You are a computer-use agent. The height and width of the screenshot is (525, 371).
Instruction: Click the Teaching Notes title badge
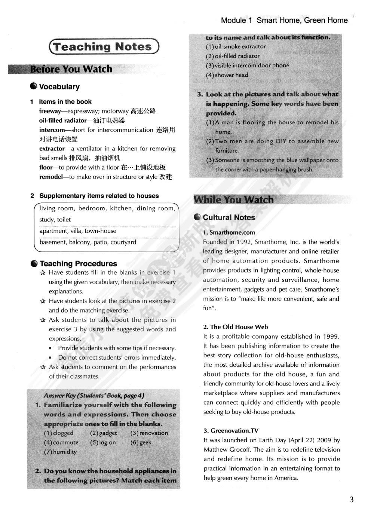[x=104, y=47]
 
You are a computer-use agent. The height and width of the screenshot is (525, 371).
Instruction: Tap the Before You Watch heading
[x=71, y=69]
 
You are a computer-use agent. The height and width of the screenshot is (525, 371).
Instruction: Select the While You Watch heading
[x=233, y=200]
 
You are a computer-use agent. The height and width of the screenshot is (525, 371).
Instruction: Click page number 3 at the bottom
[x=351, y=499]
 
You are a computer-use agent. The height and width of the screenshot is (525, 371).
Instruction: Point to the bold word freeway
[x=50, y=111]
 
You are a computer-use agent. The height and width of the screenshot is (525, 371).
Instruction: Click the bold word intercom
[x=52, y=130]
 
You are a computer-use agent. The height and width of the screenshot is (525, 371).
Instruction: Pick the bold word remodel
[x=51, y=177]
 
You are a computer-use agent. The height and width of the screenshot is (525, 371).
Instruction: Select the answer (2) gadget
[x=103, y=433]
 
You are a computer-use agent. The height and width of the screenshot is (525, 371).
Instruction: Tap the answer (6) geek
[x=141, y=442]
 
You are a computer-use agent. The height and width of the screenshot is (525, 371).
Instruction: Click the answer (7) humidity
[x=60, y=452]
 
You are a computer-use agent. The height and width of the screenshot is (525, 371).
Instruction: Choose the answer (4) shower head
[x=227, y=75]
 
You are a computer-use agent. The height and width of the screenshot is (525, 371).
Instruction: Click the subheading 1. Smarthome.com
[x=229, y=232]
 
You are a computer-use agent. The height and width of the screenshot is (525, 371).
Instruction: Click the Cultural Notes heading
[x=229, y=217]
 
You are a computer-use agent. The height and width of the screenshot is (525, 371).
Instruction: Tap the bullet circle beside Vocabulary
[x=34, y=86]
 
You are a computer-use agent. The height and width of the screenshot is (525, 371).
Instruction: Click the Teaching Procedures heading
[x=78, y=263]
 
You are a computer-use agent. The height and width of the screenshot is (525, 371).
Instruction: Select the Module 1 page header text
[x=284, y=21]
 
